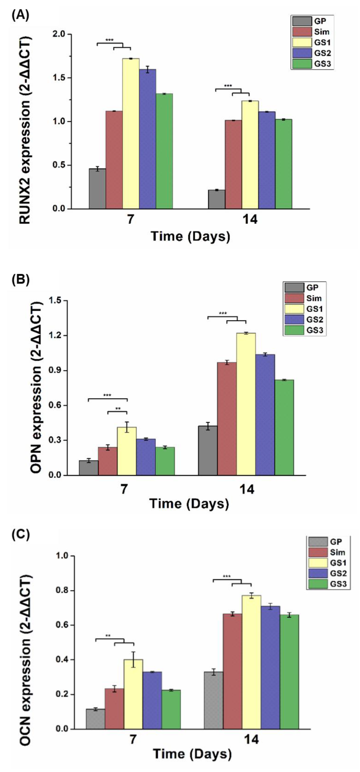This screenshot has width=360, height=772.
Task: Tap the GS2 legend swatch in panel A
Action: [x=302, y=53]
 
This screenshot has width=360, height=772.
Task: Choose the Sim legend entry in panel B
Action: [x=314, y=298]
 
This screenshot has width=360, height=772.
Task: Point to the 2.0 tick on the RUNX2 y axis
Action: [x=60, y=34]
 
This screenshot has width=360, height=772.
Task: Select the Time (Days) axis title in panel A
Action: [x=190, y=236]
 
